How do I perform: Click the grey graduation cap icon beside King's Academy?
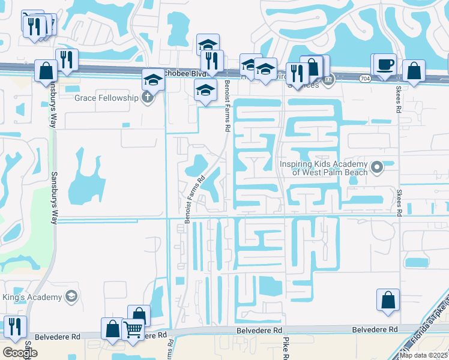tap(71, 295)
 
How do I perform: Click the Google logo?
tap(20, 353)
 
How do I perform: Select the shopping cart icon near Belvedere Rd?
tap(132, 329)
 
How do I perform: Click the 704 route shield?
tap(365, 78)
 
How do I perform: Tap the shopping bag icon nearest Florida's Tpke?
tap(388, 299)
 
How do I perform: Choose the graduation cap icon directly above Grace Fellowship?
tap(153, 80)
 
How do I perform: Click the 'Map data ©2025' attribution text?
tap(424, 355)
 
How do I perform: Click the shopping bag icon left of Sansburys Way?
tap(46, 70)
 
